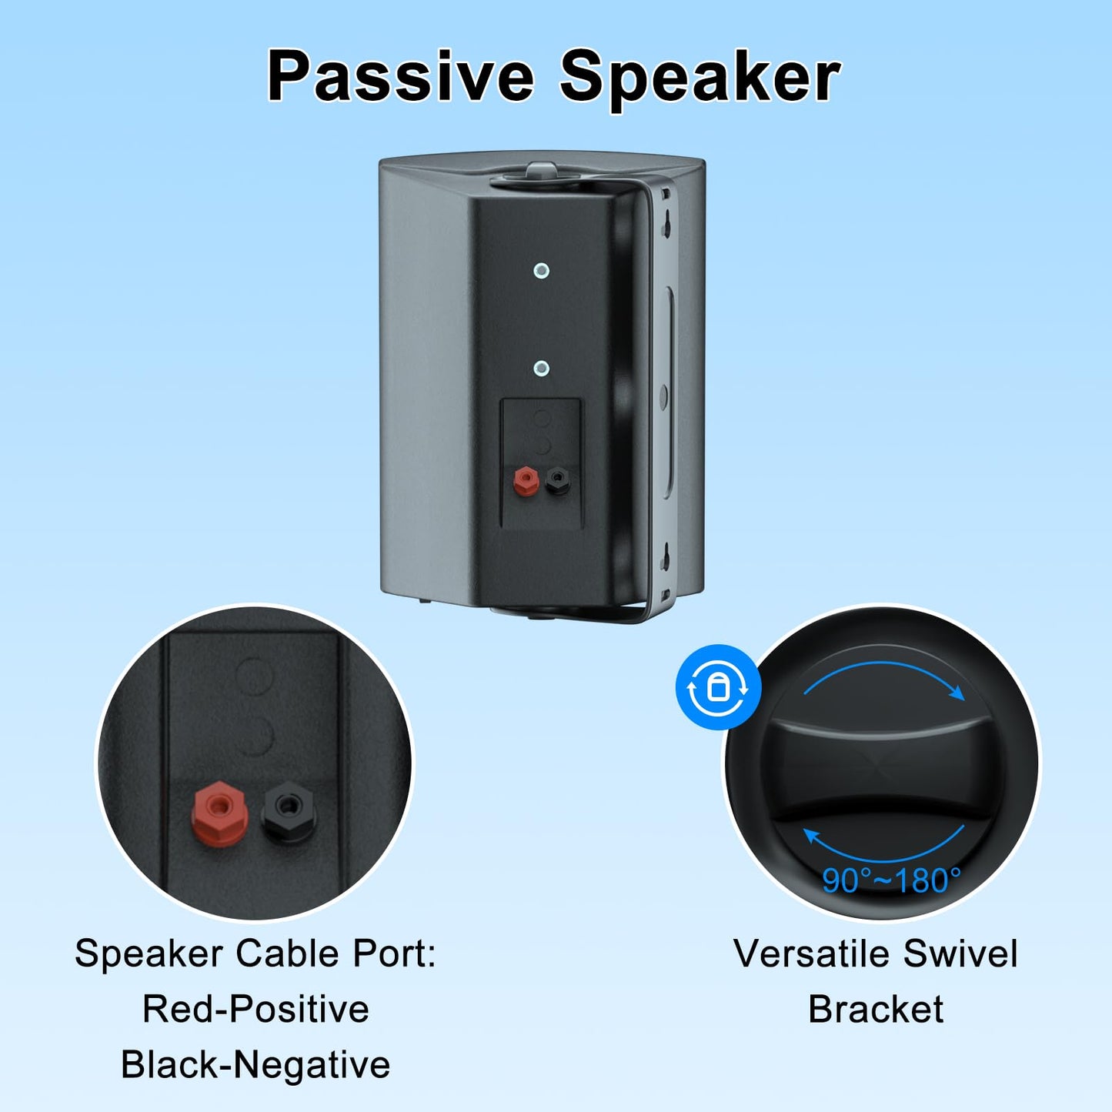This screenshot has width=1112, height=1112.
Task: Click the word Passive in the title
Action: pos(400,77)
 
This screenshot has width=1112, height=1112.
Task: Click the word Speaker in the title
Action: pos(700,77)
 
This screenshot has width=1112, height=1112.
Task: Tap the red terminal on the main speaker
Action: pos(525,480)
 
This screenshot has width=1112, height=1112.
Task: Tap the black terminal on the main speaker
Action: pos(557,480)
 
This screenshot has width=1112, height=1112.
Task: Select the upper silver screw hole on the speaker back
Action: pos(541,270)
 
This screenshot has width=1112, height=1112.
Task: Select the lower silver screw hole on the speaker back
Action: pos(541,369)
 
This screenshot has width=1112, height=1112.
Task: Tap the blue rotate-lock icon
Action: pos(718,687)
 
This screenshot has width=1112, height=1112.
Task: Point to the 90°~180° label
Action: pos(891,880)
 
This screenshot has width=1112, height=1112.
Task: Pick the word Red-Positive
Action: pos(255,1009)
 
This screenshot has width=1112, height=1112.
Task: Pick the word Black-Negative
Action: pos(255,1065)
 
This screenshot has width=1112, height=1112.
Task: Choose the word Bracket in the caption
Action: pos(876,1010)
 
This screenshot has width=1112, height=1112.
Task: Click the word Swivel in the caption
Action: pos(960,954)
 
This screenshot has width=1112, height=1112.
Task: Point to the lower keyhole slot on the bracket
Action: pos(666,556)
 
